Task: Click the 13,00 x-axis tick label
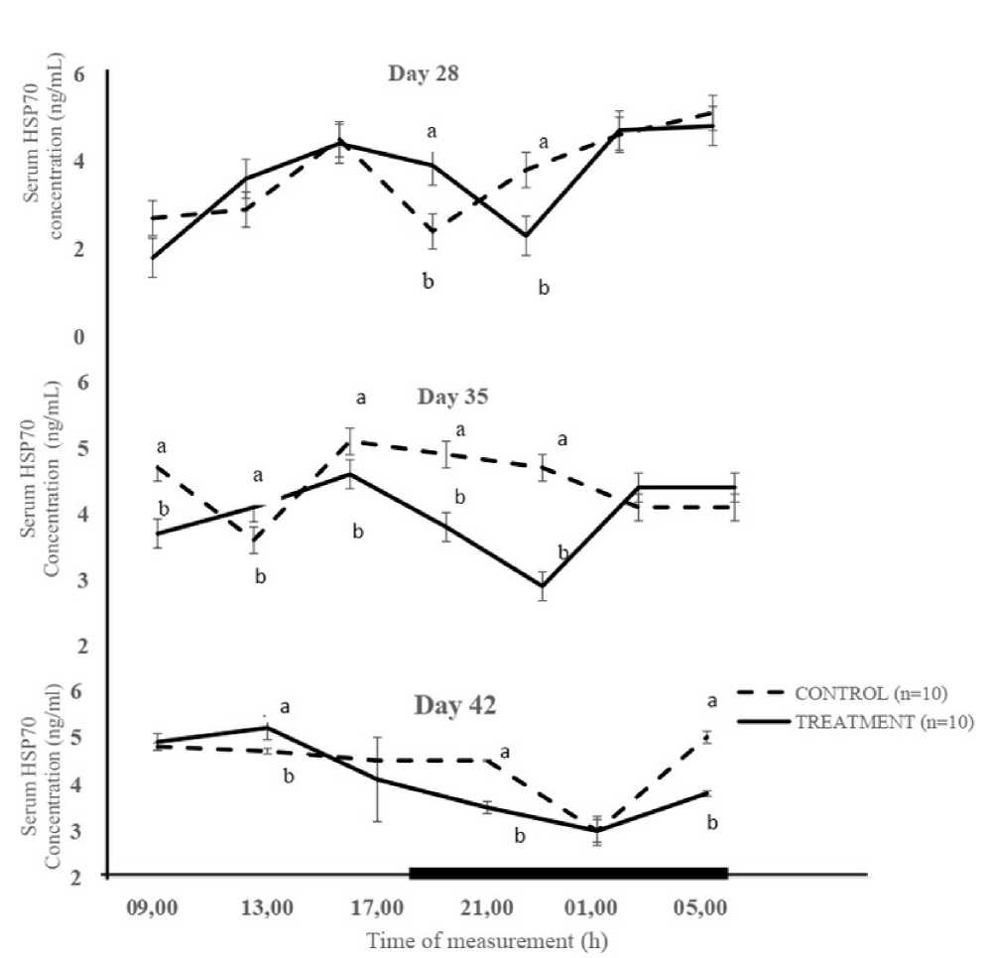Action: point(268,908)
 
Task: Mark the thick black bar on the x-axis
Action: point(569,873)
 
